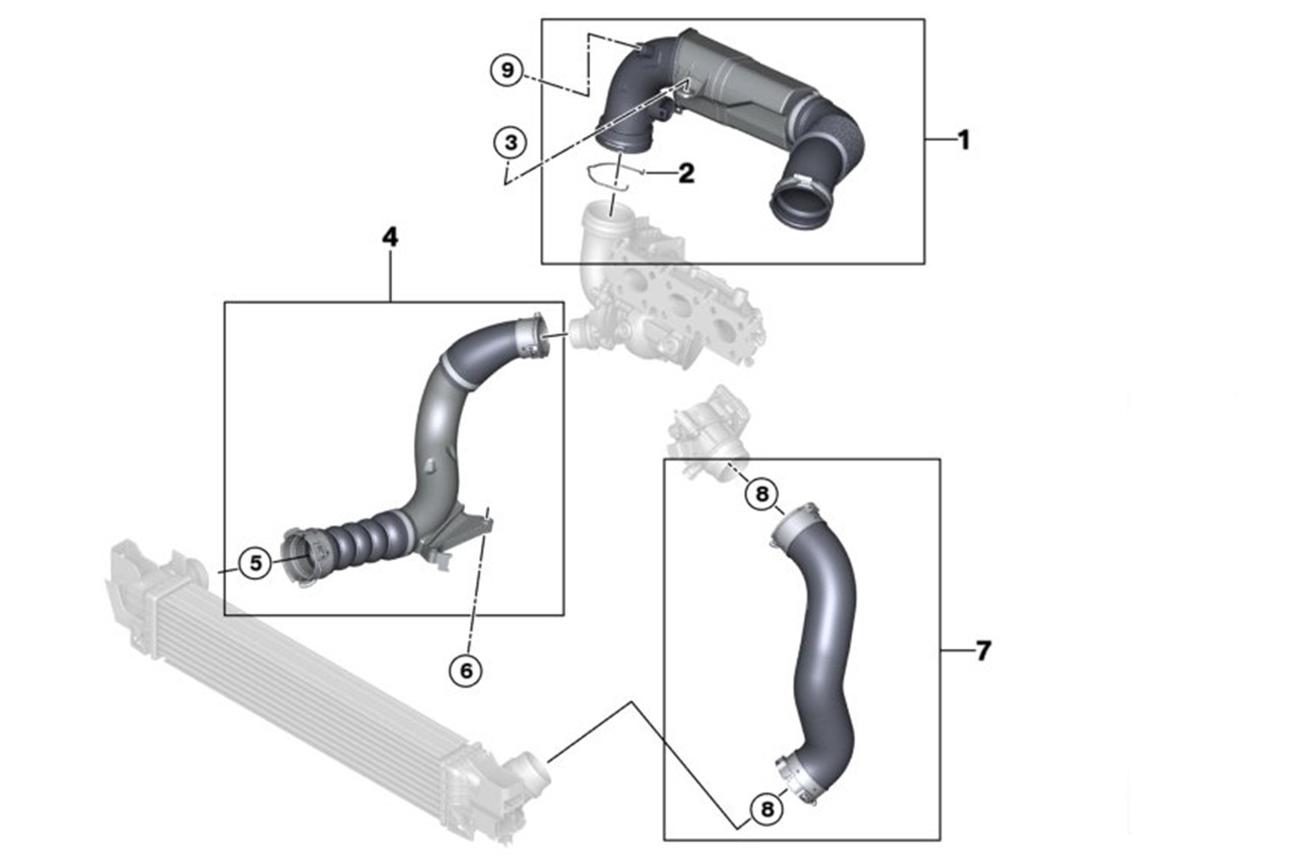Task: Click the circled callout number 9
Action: coord(507,70)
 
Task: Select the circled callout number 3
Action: coord(511,142)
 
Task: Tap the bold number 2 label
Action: coord(686,173)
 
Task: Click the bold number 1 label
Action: coord(963,140)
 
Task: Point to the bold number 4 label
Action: coord(390,236)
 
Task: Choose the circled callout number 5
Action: coord(255,563)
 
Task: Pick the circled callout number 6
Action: coord(466,671)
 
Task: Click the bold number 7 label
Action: coord(983,651)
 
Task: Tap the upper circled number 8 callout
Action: coord(761,494)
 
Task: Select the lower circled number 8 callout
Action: coord(767,809)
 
